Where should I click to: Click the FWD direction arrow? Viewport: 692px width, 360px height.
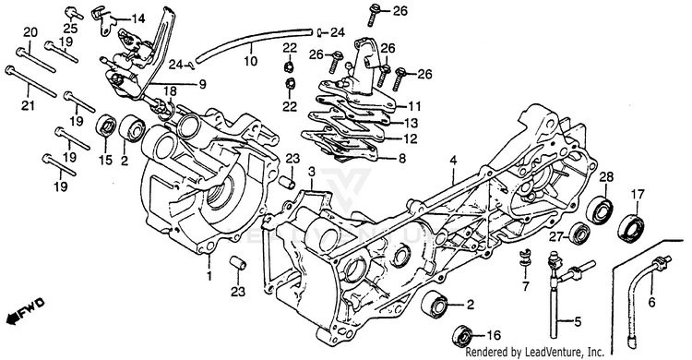tap(25, 310)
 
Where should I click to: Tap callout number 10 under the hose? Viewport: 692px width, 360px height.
tap(250, 60)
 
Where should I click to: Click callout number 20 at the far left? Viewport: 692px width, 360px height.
tap(30, 32)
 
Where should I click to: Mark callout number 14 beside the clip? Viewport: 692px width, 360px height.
tap(137, 18)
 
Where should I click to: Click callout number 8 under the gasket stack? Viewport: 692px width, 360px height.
tap(401, 158)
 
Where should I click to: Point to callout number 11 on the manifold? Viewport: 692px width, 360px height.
tap(414, 106)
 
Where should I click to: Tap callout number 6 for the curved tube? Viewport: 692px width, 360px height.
tap(651, 303)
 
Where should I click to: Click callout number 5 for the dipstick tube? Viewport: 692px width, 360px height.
tap(578, 322)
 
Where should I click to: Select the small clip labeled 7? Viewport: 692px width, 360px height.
tap(524, 260)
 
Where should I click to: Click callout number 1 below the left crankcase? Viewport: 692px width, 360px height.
tap(209, 277)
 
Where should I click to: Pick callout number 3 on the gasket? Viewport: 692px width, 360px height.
tap(311, 171)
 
